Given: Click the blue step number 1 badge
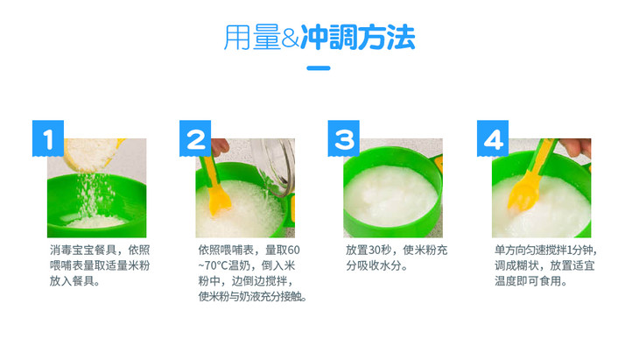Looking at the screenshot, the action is tap(48, 138).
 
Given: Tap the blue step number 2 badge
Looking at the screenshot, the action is tap(195, 138).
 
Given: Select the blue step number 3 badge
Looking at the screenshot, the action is tap(343, 138).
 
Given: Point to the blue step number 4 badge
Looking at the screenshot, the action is tap(493, 138).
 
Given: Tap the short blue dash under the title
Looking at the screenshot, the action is tap(319, 68).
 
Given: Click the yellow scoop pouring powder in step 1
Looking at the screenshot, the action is tap(95, 154).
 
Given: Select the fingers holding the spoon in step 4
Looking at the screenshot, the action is tap(575, 147).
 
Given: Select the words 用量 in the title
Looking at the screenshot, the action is tap(252, 38).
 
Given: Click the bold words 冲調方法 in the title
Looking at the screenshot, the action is tap(358, 38).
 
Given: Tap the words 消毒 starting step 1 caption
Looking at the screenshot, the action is tap(60, 250).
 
